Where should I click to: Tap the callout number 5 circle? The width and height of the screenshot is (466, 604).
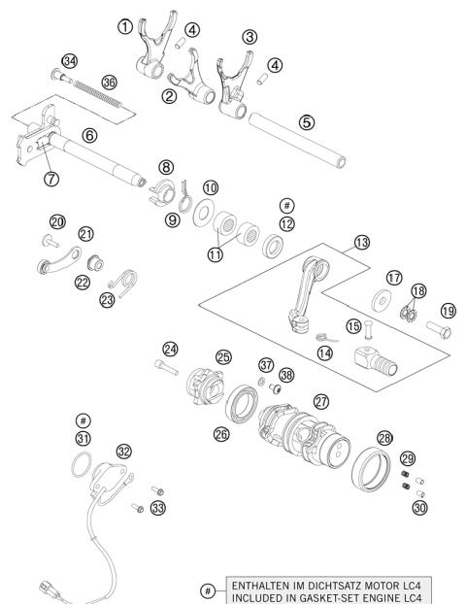pyautogui.click(x=307, y=123)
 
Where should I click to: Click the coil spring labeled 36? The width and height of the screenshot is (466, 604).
pyautogui.click(x=97, y=94)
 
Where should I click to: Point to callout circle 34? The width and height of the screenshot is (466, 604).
pyautogui.click(x=69, y=61)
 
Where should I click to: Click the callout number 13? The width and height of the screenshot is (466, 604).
pyautogui.click(x=361, y=241)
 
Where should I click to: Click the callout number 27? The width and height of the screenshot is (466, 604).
pyautogui.click(x=320, y=399)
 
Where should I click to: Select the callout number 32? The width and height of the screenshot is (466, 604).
pyautogui.click(x=123, y=451)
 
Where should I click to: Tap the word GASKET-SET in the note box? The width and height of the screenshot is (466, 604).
pyautogui.click(x=306, y=597)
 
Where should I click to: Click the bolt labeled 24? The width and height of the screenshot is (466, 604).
pyautogui.click(x=167, y=366)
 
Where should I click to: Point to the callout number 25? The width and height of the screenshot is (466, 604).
pyautogui.click(x=223, y=356)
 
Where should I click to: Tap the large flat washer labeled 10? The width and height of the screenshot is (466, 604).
pyautogui.click(x=207, y=212)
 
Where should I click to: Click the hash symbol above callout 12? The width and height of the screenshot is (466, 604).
pyautogui.click(x=285, y=206)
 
